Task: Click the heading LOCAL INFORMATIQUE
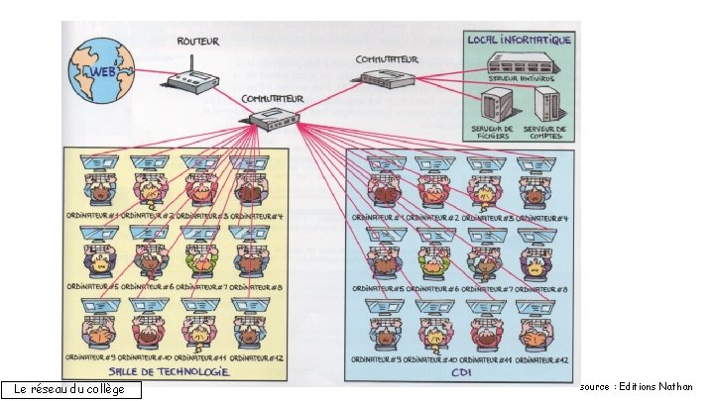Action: tap(521, 41)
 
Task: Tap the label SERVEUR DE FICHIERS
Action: tap(494, 132)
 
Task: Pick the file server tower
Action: tap(494, 103)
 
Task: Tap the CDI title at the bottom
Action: tap(458, 372)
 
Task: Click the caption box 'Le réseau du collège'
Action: tap(71, 389)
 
